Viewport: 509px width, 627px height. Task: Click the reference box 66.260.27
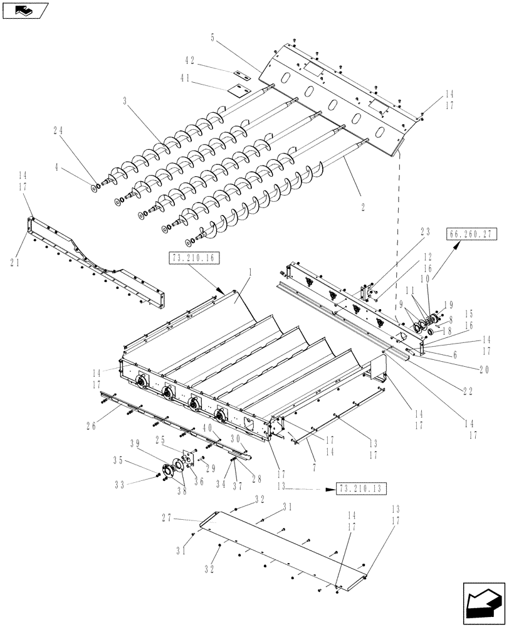472,234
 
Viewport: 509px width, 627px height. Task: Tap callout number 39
135,442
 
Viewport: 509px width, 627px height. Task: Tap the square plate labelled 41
236,90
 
